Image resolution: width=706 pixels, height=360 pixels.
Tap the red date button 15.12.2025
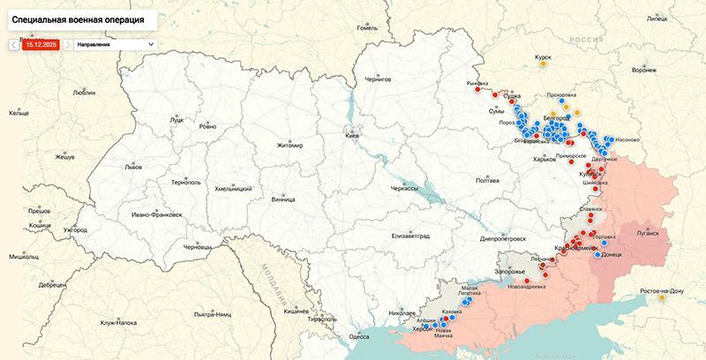[x=41, y=43]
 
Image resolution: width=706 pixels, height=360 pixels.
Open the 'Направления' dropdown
[x=114, y=43]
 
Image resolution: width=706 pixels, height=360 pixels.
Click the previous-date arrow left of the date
[x=13, y=43]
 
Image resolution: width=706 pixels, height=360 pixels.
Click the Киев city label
[x=352, y=138]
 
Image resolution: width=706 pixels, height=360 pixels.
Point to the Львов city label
[x=133, y=166]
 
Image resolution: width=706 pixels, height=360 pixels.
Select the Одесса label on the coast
[x=359, y=336]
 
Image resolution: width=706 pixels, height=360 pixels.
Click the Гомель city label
[x=366, y=27]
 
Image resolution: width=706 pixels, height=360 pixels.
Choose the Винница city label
[x=283, y=199]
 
